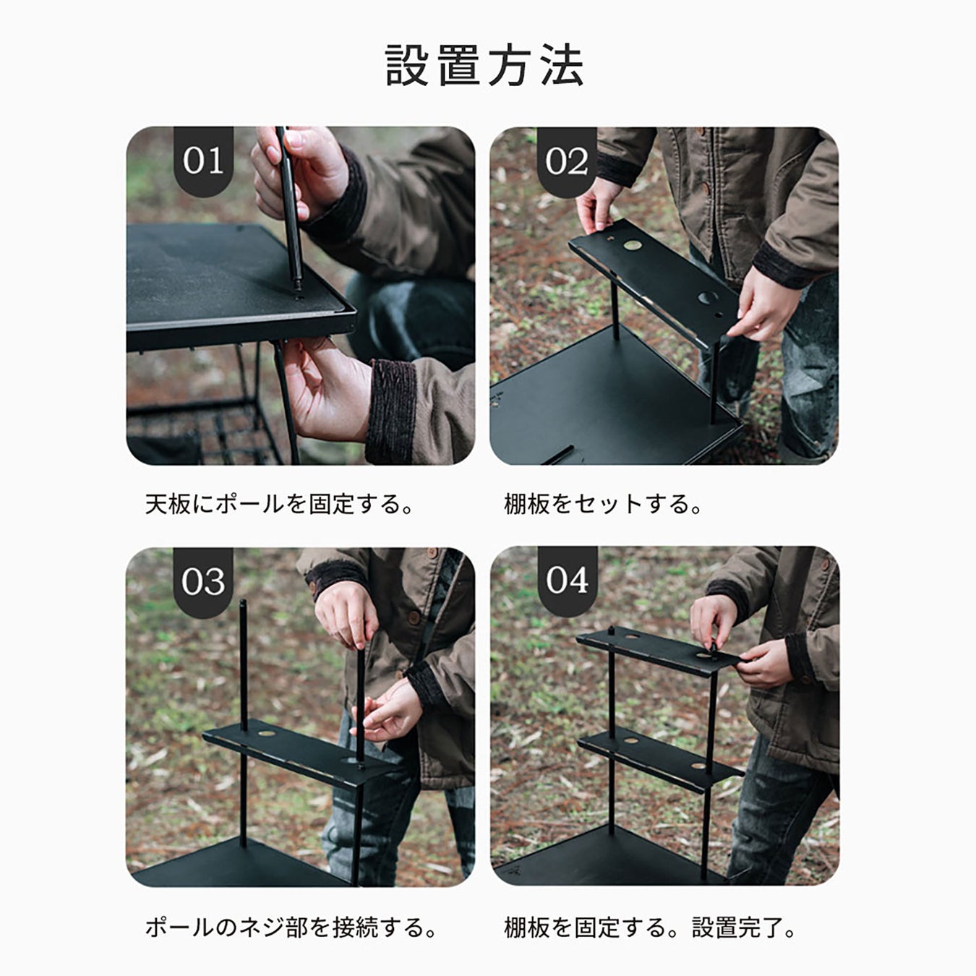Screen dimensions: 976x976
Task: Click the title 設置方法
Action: point(484,65)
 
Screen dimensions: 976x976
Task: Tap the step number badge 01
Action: point(203,161)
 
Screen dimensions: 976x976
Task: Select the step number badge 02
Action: point(567,161)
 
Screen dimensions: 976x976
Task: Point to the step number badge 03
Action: point(203,581)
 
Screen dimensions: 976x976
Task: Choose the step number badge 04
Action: point(568,581)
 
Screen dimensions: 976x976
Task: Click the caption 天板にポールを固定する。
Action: point(279,504)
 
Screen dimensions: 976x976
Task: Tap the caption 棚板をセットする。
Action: point(603,504)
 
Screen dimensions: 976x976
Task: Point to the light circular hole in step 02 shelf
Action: point(632,245)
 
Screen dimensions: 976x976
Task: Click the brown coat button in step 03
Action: point(415,617)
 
